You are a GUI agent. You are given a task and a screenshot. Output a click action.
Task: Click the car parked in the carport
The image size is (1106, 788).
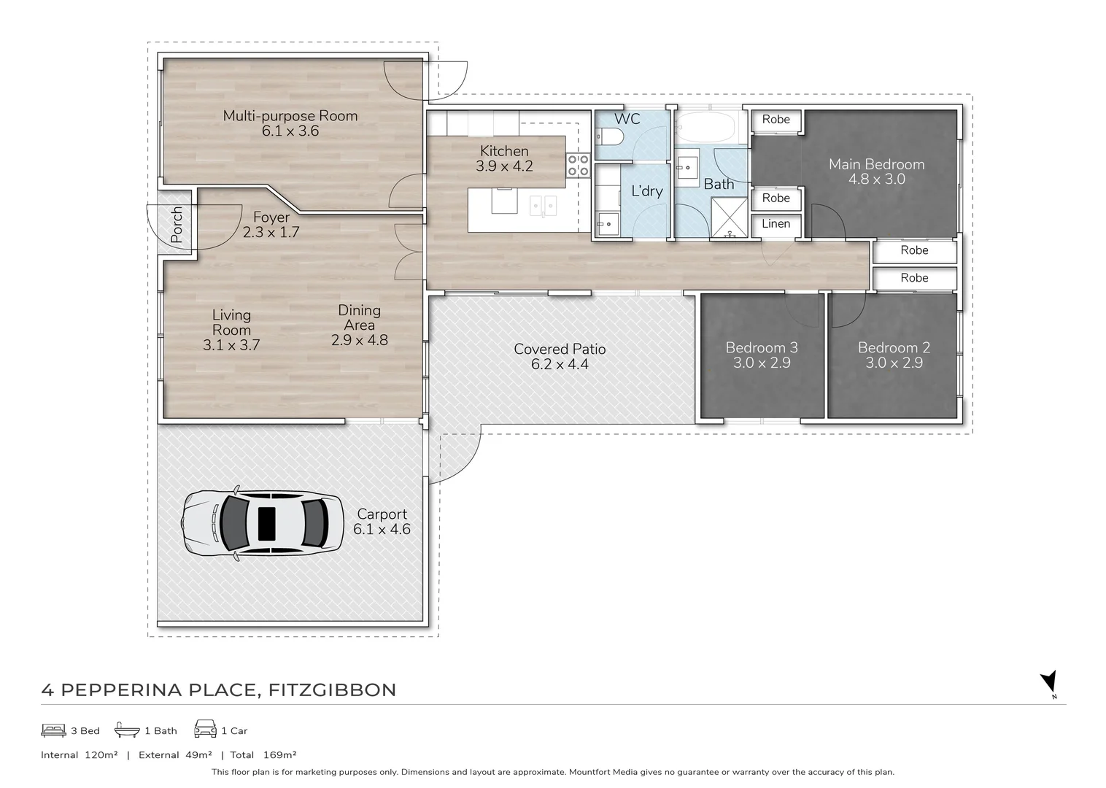click(x=263, y=524)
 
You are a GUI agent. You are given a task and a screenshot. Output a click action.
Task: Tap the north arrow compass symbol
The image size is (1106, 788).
click(x=1048, y=684)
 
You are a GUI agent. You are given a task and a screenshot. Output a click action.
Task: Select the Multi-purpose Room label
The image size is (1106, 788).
click(x=290, y=116)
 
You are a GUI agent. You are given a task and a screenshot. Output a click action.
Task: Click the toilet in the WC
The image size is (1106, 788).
click(x=607, y=136)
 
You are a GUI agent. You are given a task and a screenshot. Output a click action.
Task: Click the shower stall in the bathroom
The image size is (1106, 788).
click(x=729, y=217)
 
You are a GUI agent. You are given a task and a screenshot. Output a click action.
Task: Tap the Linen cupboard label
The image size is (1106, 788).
click(x=776, y=224)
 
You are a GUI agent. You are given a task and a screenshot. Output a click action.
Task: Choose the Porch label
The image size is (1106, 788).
click(x=177, y=225)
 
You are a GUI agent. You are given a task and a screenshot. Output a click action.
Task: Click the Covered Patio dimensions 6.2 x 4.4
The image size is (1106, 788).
click(x=560, y=364)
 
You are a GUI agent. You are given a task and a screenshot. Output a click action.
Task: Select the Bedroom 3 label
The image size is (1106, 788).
click(x=762, y=347)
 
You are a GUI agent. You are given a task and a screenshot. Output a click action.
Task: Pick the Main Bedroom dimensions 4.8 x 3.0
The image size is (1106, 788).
click(x=876, y=179)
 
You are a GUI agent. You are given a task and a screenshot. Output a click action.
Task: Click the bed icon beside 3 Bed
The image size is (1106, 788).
click(x=53, y=730)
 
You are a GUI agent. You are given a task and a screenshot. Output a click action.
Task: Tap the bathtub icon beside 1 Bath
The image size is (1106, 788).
click(x=127, y=730)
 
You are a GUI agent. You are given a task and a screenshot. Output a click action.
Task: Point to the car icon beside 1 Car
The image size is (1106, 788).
click(x=206, y=729)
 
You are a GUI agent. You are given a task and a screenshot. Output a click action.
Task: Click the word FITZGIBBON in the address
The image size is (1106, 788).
click(x=332, y=690)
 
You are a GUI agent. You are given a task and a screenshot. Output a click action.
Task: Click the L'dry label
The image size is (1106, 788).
click(x=647, y=191)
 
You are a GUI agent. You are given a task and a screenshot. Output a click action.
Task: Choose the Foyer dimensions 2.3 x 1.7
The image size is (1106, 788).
click(x=271, y=232)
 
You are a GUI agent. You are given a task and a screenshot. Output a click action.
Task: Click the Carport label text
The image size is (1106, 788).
click(x=382, y=515)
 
